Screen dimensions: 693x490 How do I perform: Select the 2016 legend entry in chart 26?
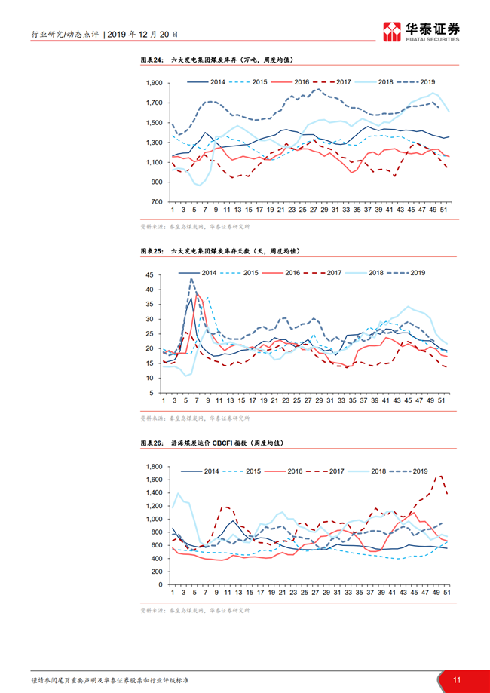click(x=294, y=471)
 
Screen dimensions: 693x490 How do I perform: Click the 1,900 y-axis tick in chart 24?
click(x=153, y=83)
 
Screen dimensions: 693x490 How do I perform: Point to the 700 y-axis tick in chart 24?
click(x=157, y=202)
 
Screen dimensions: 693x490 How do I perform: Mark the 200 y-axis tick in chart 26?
click(x=157, y=572)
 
